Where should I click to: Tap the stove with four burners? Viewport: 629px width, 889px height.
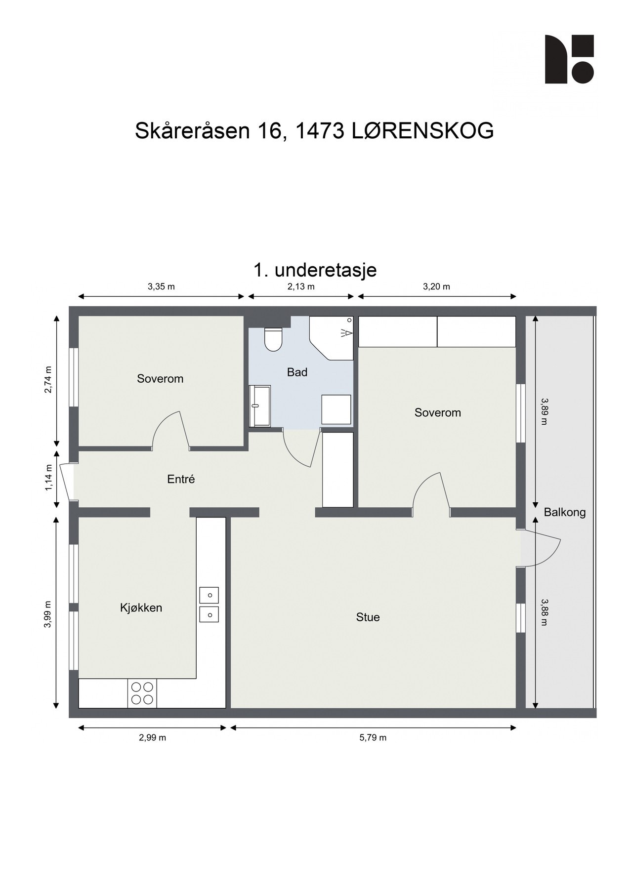pos(142,693)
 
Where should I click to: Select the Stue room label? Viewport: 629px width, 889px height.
pos(368,617)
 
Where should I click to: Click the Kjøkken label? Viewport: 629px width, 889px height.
pos(141,607)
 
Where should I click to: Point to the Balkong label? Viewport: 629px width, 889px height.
pos(564,512)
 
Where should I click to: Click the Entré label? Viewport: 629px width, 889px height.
pos(181,479)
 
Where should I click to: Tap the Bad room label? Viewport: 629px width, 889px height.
pos(297,372)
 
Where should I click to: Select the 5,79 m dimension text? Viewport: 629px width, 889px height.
pos(373,737)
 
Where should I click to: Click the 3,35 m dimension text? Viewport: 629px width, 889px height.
pos(161,286)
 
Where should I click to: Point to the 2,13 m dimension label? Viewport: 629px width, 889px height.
pos(301,286)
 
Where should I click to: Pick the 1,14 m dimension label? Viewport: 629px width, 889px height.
pos(48,478)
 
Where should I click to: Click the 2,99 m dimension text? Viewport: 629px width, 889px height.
pos(152,737)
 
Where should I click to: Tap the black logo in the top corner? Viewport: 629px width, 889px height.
pos(569,59)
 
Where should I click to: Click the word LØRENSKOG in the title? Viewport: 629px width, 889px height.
pos(423,131)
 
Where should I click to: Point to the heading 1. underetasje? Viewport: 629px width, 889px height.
pos(315,270)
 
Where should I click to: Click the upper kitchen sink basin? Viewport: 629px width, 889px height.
pos(209,595)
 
